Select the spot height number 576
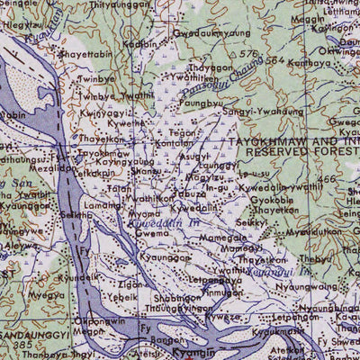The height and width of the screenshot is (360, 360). point(248,55)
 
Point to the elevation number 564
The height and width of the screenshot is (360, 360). point(274,61)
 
